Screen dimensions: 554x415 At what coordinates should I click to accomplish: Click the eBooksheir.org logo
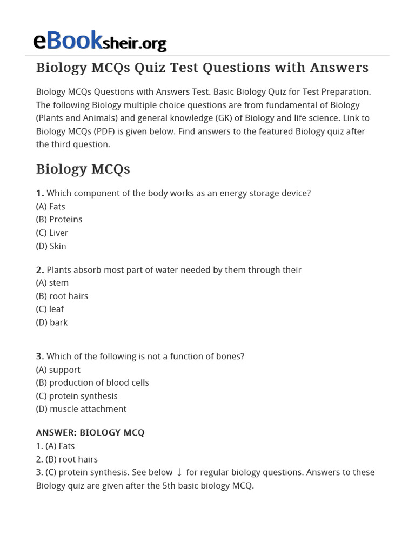pos(99,41)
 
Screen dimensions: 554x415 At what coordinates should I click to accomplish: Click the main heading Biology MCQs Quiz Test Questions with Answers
pos(202,68)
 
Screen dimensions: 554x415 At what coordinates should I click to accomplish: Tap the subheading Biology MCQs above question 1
pos(83,169)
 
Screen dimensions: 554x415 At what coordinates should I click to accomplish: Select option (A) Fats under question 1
pos(51,206)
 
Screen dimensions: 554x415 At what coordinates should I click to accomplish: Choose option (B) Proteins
pos(59,220)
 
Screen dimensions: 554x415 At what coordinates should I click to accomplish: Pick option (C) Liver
pos(52,233)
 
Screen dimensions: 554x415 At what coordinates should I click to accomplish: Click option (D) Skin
pos(51,246)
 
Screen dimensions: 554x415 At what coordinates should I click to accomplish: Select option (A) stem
pos(52,283)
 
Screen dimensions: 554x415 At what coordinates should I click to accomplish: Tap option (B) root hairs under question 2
pos(62,296)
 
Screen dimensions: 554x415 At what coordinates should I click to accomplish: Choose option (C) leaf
pos(50,309)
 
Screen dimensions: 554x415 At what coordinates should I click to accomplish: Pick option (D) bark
pos(52,322)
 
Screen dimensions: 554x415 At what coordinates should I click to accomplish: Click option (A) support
pos(58,370)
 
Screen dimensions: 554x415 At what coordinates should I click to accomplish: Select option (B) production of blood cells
pos(92,382)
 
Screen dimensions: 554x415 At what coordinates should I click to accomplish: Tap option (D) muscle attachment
pos(81,409)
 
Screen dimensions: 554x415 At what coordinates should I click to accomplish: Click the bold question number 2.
pos(40,270)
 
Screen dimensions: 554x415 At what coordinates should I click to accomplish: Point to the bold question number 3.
pos(40,357)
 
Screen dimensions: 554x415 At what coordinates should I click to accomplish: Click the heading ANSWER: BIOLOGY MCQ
pos(90,433)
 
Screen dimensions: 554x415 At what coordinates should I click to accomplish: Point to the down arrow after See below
pos(179,472)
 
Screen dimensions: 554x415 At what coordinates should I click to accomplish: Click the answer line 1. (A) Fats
pos(55,446)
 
